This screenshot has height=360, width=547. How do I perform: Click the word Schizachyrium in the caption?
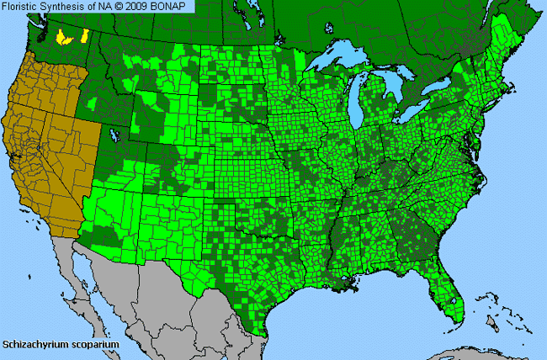35,345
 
